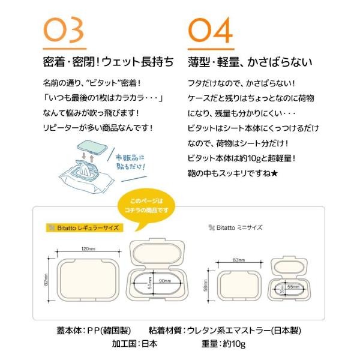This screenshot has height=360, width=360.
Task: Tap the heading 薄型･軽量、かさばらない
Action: click(x=254, y=62)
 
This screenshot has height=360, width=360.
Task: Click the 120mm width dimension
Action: click(x=89, y=248)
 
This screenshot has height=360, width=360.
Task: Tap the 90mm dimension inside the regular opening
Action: click(x=163, y=281)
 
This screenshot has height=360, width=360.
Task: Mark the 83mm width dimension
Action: click(x=239, y=260)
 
